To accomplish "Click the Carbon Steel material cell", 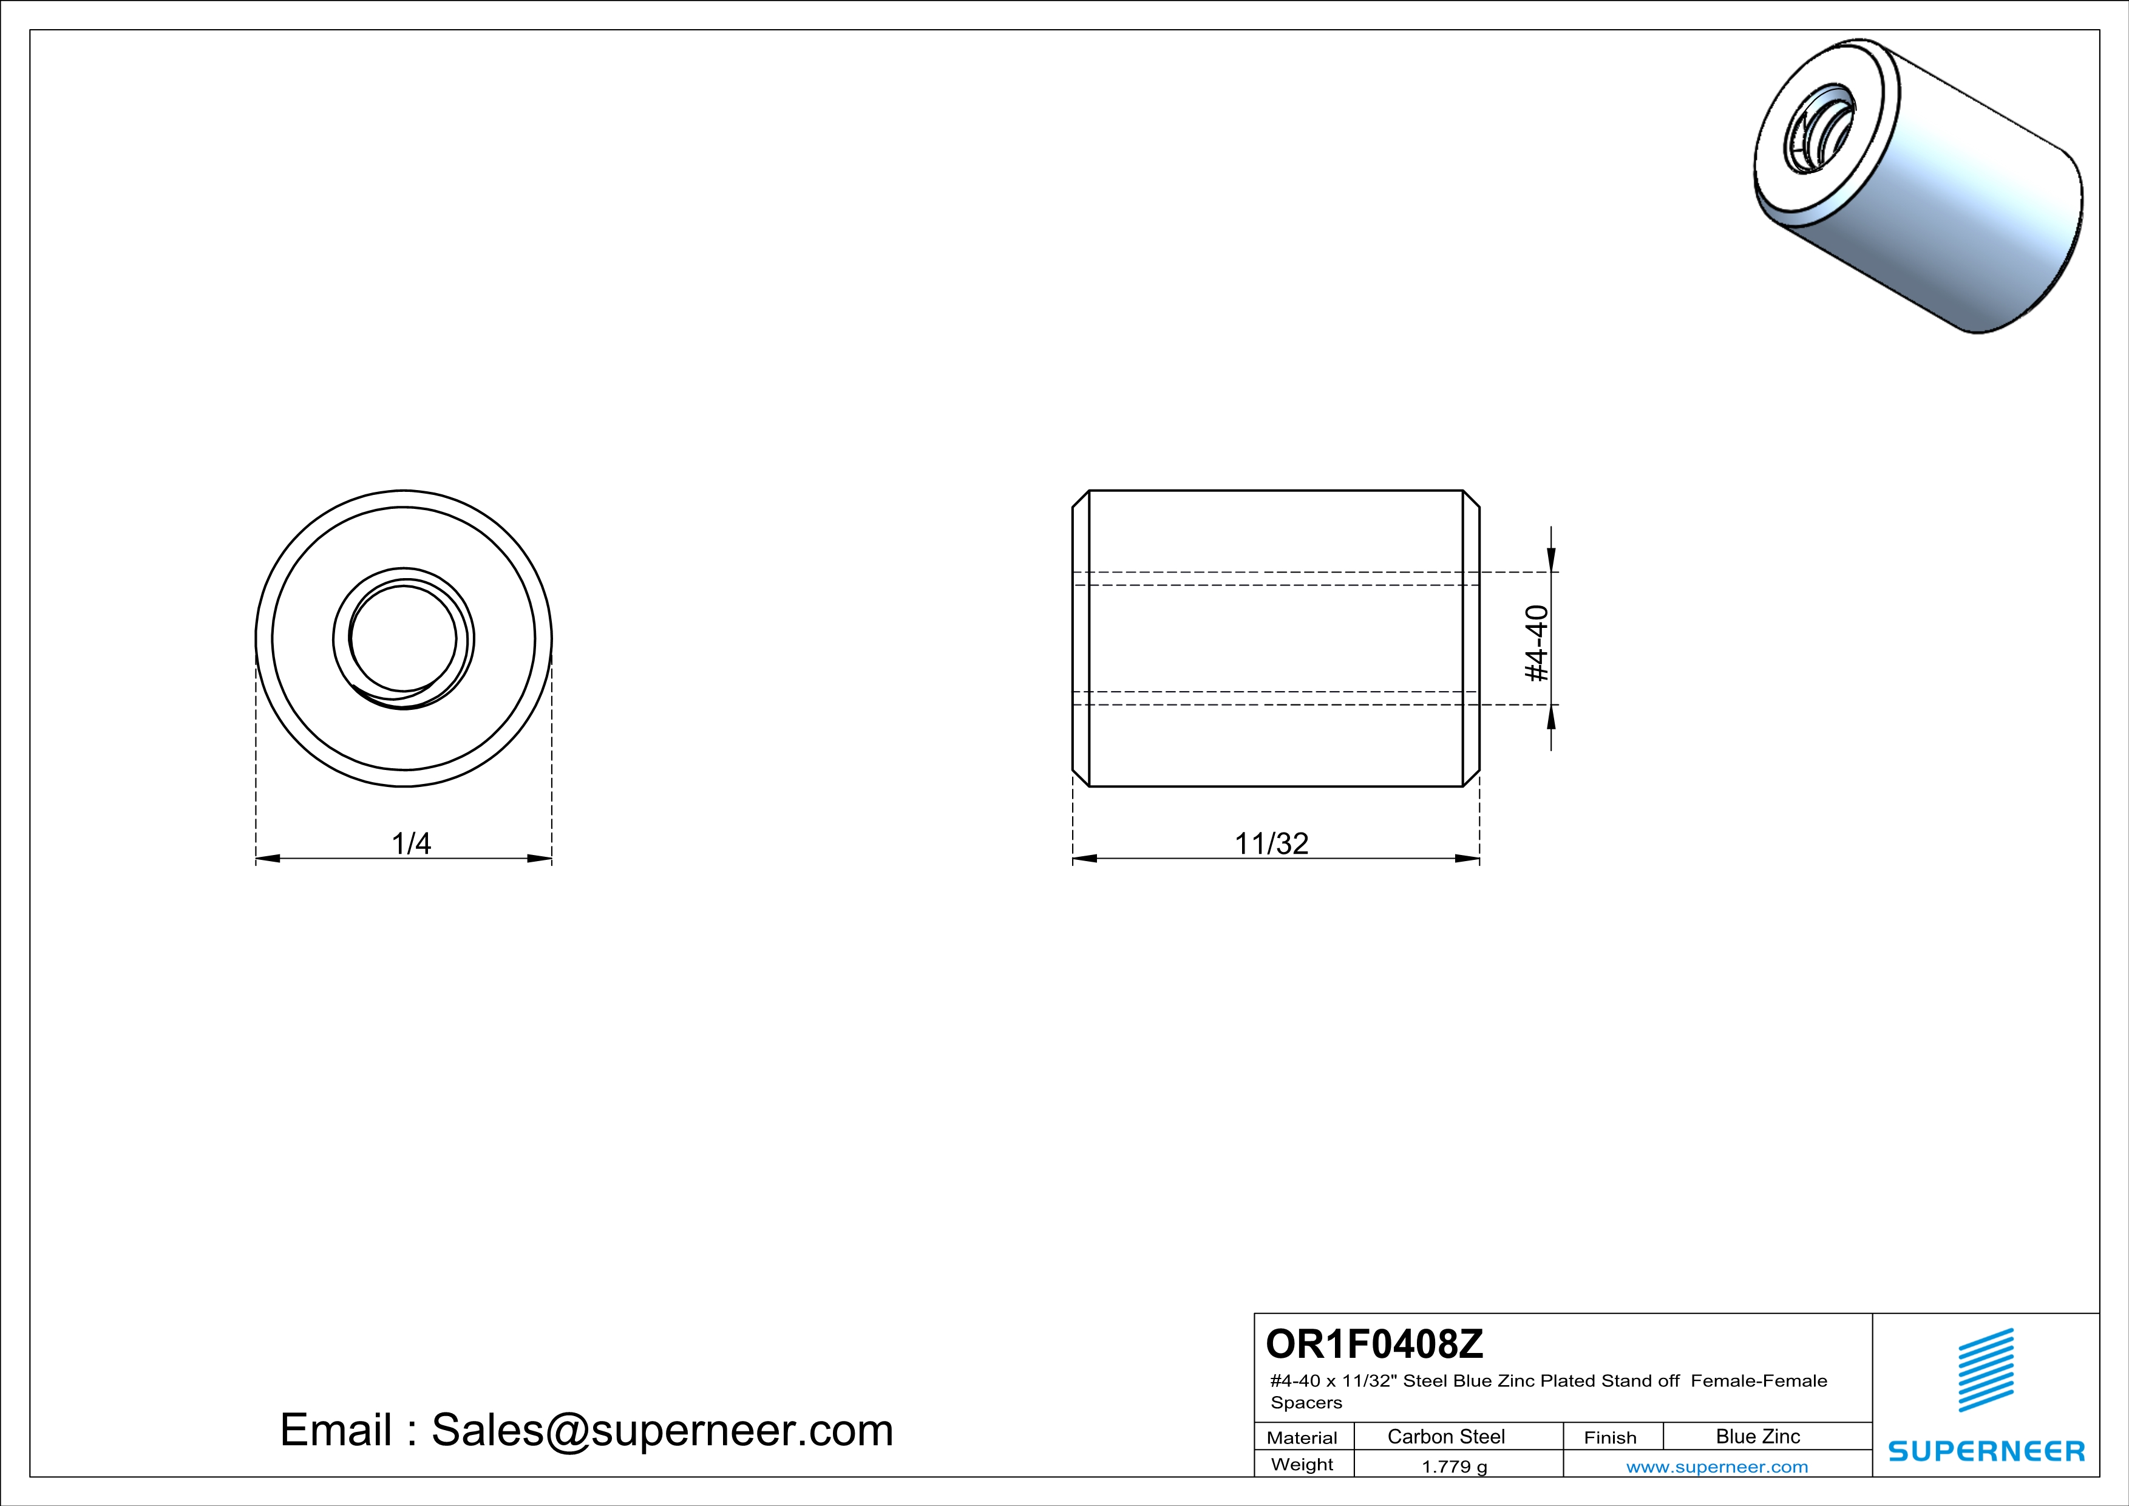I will click(1445, 1436).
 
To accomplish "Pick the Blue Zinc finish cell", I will click(1757, 1436).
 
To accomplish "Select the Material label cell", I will click(1302, 1437).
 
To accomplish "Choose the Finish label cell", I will click(1610, 1437).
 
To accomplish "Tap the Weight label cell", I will click(1302, 1464).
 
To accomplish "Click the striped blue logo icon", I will click(1985, 1370).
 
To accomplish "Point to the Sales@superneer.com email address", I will click(662, 1430).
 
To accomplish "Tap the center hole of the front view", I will click(403, 639).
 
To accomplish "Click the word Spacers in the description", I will click(1306, 1403).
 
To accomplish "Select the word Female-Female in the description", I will click(1759, 1381).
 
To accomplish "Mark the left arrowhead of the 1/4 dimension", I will click(268, 859).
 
